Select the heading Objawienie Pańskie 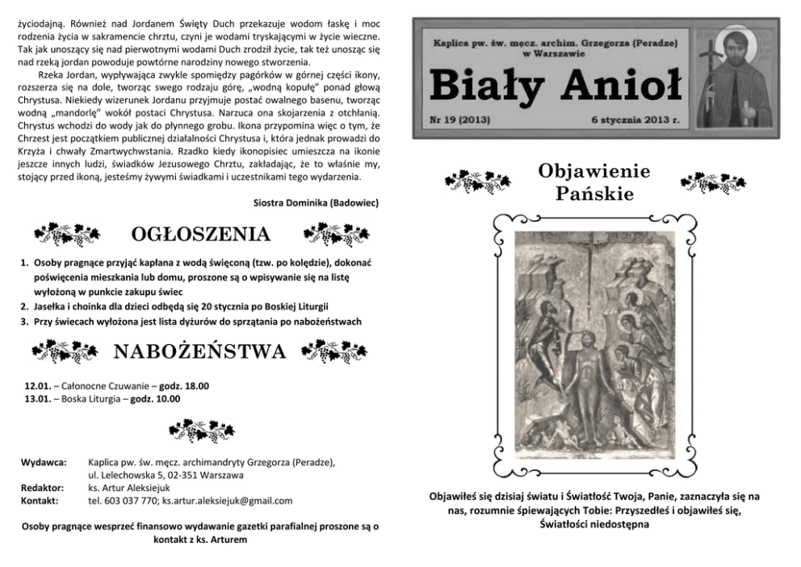point(594,183)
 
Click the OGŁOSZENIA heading point(199,235)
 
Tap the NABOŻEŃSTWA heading point(199,351)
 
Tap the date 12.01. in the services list point(39,386)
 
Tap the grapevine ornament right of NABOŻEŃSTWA point(333,351)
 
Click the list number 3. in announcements point(25,321)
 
